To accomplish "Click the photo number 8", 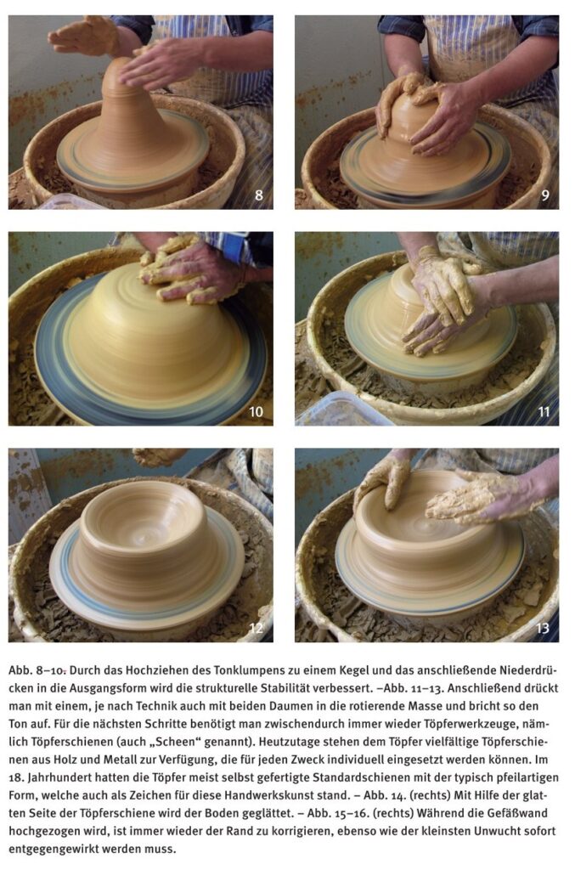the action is coord(259,195).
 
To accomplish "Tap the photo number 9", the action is coord(545,195).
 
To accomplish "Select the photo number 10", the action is coord(256,412).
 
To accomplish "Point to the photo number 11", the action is coord(544,412).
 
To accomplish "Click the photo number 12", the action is coord(256,628).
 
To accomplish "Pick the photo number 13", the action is coord(542,628).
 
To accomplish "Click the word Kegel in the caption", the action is coord(341,671).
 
